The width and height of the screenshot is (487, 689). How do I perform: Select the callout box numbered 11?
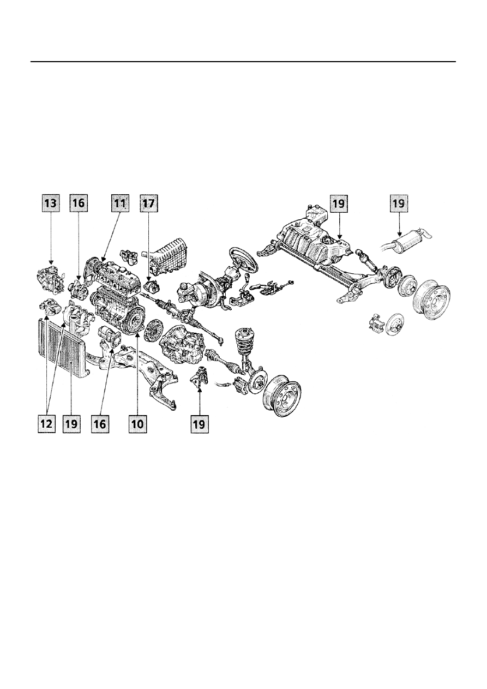click(120, 203)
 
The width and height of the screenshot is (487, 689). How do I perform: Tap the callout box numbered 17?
click(149, 203)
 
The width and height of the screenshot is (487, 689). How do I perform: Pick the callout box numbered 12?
click(46, 424)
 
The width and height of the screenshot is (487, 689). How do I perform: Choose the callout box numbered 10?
click(137, 424)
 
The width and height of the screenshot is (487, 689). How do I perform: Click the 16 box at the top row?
click(79, 203)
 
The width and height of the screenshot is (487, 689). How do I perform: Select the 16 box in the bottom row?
click(100, 424)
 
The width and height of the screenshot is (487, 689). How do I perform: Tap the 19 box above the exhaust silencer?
click(399, 203)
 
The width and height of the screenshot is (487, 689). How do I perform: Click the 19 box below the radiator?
click(71, 424)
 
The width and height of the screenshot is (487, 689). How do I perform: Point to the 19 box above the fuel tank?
click(339, 203)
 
